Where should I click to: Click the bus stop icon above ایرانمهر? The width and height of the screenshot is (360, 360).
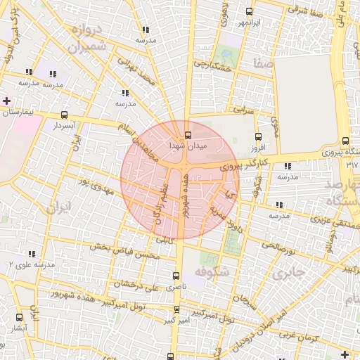point(250,11)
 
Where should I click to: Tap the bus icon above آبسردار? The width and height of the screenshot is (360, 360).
point(65,115)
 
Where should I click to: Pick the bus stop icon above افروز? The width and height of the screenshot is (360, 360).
point(258,137)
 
